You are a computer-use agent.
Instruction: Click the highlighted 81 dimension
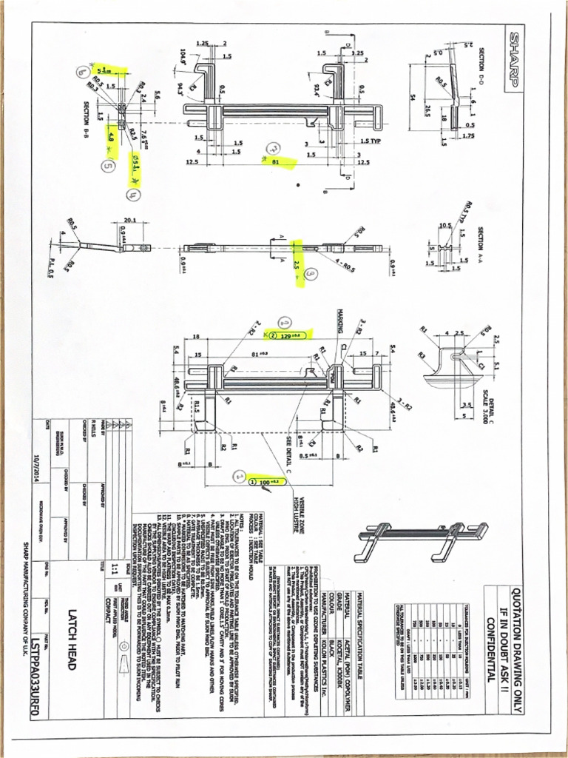275,159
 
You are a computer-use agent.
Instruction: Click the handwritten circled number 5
108,167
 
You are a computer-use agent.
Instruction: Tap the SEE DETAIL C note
288,452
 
